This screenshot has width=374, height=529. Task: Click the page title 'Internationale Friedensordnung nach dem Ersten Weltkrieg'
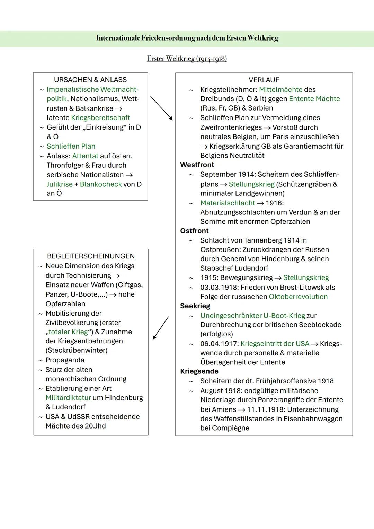(x=187, y=38)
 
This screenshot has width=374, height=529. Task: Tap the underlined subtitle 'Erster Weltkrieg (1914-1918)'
(x=187, y=59)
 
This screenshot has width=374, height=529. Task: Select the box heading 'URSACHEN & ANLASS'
(x=90, y=80)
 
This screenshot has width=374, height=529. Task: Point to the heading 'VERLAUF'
(x=264, y=80)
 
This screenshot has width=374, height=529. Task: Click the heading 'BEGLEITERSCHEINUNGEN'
(x=91, y=256)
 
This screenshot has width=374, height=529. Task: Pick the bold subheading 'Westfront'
(x=197, y=165)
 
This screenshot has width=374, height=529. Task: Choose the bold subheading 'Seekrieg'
(x=195, y=306)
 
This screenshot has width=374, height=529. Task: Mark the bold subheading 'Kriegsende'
(x=199, y=371)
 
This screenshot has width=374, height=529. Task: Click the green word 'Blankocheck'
(x=101, y=184)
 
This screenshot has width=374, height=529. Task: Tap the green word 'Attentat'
(x=85, y=156)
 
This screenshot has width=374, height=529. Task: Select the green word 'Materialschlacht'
(x=228, y=203)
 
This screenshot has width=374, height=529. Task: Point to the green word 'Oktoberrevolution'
(x=298, y=297)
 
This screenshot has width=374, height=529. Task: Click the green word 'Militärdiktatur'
(x=68, y=398)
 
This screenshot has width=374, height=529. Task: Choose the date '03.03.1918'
(x=218, y=287)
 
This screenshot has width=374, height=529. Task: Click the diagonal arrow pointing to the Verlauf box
(x=161, y=108)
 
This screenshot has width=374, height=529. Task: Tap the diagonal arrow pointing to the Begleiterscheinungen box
(x=161, y=328)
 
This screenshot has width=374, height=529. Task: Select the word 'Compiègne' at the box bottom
(x=225, y=428)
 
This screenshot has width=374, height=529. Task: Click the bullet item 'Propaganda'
(x=65, y=360)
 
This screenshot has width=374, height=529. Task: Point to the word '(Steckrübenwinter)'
(x=77, y=350)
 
